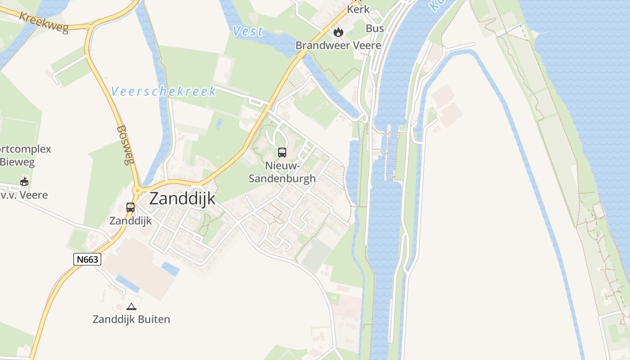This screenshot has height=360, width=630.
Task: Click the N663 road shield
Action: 87,259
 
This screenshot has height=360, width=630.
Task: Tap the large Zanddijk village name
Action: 182,198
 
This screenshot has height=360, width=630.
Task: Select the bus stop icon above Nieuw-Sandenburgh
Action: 282,153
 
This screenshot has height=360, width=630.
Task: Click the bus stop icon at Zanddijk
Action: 130,207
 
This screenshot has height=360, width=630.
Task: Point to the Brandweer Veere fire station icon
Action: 338,32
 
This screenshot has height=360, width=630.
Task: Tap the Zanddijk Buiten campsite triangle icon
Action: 131,307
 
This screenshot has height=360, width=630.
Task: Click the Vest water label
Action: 248,31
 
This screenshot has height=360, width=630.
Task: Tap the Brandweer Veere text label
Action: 338,45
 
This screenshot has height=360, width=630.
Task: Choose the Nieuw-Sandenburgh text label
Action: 282,172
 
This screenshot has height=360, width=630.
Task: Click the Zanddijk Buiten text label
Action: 131,319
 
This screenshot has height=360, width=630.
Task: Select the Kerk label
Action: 359,9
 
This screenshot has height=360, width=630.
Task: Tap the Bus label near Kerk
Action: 374,28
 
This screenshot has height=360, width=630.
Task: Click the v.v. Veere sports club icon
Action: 24,182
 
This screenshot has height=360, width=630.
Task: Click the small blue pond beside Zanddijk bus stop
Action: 170,269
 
